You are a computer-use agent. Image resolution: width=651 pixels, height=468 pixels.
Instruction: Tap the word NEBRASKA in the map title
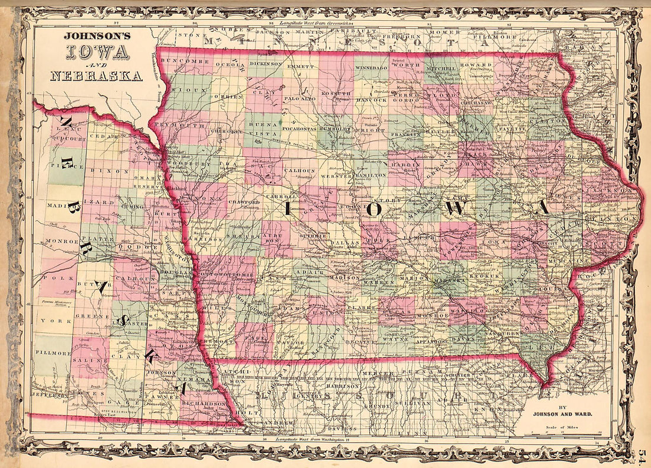(96, 76)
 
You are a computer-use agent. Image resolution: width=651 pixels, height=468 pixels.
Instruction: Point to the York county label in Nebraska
(49, 322)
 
